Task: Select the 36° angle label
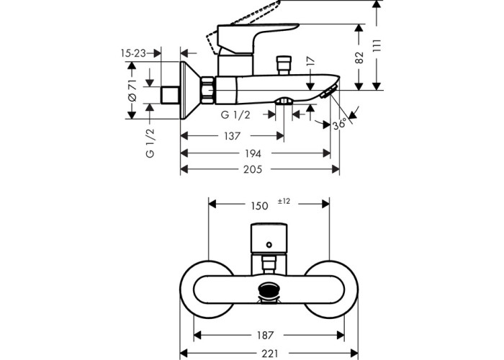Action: click(341, 124)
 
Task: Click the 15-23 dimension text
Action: click(133, 53)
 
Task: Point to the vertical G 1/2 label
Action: click(150, 143)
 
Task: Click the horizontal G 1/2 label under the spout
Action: click(235, 115)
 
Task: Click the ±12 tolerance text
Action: click(284, 202)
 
